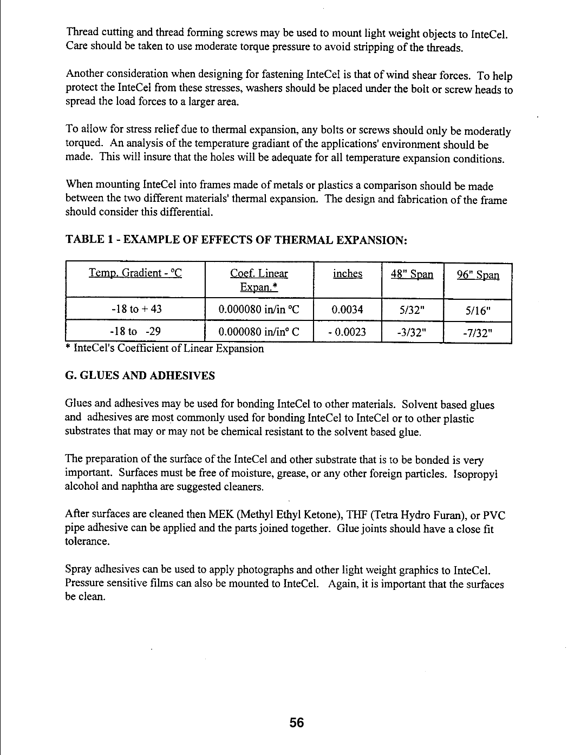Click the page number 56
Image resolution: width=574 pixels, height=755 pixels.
tap(297, 723)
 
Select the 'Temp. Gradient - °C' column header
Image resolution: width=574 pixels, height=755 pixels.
tap(135, 273)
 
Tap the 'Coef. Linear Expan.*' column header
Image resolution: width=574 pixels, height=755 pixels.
tap(259, 280)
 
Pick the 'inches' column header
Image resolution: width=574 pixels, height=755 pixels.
tap(348, 273)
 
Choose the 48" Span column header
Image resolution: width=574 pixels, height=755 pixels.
tap(412, 274)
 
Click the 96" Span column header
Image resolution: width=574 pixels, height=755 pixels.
tap(478, 274)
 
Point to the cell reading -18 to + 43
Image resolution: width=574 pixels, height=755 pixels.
tap(136, 310)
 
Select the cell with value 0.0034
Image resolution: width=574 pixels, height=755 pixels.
tap(347, 310)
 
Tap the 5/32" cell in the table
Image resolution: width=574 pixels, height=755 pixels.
tap(412, 310)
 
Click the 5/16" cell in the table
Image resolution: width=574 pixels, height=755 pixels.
tap(478, 311)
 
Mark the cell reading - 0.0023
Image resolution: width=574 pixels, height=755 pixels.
tap(347, 331)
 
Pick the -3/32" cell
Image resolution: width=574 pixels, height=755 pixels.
tap(412, 332)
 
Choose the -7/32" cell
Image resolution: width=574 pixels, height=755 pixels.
tap(478, 332)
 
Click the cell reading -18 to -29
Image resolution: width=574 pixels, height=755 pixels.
tap(136, 331)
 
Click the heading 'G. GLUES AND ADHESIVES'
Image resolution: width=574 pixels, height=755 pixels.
tap(140, 376)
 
